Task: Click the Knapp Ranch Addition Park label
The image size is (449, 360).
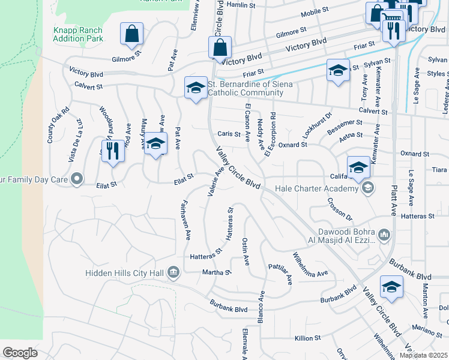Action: (78, 34)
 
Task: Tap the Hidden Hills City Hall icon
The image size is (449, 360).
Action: (173, 273)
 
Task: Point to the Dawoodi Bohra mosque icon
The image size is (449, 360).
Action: (384, 233)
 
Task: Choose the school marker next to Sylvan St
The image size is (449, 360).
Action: (338, 70)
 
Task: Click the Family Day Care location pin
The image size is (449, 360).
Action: (76, 179)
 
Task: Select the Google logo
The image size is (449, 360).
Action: (20, 353)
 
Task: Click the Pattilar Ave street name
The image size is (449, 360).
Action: (280, 273)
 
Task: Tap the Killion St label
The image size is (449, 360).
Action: (308, 338)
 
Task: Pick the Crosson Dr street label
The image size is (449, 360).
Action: (339, 209)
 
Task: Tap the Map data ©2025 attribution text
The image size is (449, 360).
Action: (423, 355)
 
